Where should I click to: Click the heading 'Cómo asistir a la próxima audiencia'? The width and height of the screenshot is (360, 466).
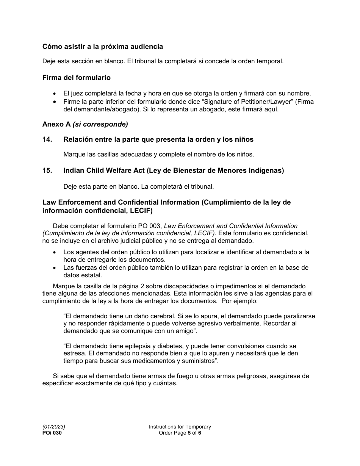103,47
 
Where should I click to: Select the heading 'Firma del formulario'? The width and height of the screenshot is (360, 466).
77,78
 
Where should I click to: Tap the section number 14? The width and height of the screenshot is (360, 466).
47,139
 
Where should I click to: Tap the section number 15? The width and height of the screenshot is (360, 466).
47,170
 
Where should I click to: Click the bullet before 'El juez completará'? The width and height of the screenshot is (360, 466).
56,94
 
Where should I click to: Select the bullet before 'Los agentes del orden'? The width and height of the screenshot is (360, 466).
56,252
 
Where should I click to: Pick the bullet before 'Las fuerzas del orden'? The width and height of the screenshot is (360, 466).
56,268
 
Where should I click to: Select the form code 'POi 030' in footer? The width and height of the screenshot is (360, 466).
52,433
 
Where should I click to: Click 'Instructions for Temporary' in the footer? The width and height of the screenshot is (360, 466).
180,427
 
